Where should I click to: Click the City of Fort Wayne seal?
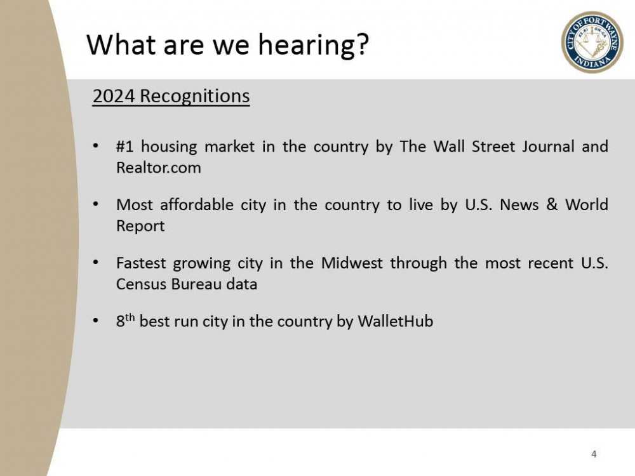592,42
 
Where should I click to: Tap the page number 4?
594,454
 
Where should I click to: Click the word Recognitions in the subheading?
194,96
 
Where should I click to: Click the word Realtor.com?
158,168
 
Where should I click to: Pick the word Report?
140,226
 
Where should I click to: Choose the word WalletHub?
395,321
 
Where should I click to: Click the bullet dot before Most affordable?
95,206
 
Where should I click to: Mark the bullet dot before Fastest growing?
95,263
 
